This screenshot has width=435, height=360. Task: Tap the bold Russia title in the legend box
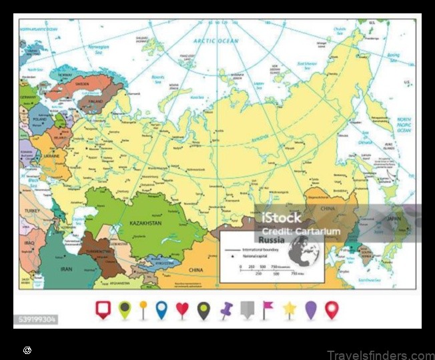pos(272,239)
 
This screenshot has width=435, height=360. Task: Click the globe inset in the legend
pos(304,253)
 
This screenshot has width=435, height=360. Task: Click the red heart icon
pos(182,309)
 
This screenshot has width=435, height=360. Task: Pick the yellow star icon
pos(290,309)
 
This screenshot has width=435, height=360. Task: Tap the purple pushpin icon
pos(226,309)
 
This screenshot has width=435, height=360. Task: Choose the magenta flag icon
pos(268,309)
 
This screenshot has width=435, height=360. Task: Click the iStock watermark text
pos(281,217)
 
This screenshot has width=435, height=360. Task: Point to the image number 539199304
pos(37,320)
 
